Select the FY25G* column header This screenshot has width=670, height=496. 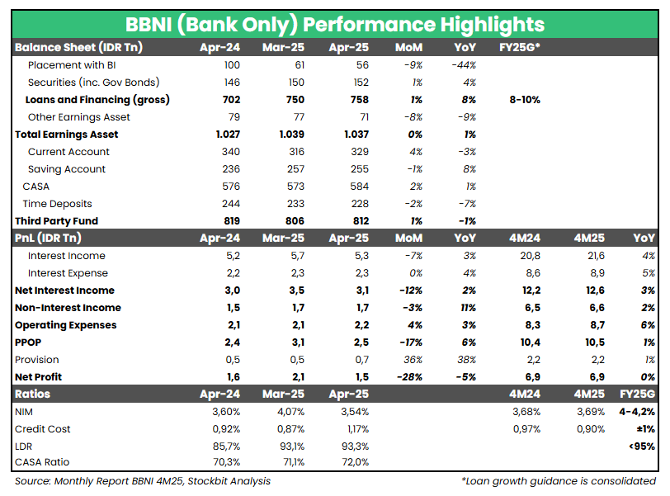click(520, 47)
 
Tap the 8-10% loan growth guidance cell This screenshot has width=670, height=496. click(525, 99)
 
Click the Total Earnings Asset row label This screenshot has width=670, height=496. click(66, 134)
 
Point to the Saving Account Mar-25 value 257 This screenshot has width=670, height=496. click(291, 168)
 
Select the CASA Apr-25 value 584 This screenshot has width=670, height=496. click(357, 186)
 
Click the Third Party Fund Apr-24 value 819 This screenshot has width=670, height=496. click(229, 220)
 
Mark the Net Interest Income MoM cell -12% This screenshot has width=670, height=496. click(409, 290)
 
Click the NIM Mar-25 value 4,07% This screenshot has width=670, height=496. click(288, 411)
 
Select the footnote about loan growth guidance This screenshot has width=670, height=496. click(559, 480)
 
